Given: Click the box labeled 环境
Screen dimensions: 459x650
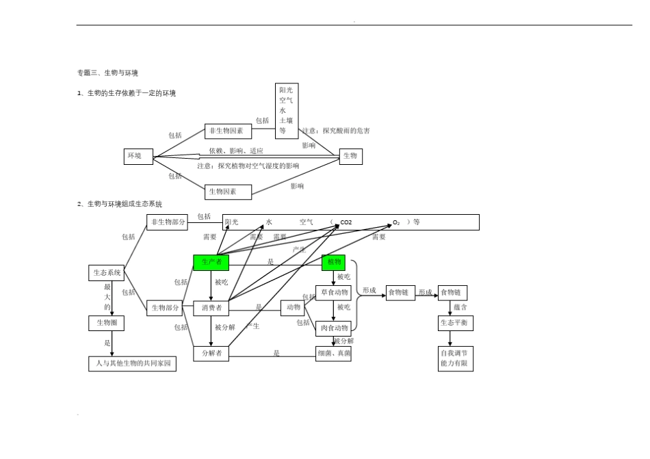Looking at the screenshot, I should coord(138,157).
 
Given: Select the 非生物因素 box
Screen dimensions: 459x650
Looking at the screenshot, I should coord(228,131).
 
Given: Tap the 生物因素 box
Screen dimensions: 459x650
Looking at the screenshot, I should coord(228,192).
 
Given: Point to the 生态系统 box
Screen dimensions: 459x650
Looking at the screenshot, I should coord(107,273).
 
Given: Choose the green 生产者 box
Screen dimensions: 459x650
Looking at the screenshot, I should coord(211,262).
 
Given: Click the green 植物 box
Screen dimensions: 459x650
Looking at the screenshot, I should coord(334,262).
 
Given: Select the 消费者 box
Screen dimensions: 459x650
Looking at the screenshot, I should coord(211,309).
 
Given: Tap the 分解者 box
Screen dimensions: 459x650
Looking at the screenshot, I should coord(211,354).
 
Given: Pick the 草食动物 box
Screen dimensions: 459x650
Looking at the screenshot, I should coord(333,293).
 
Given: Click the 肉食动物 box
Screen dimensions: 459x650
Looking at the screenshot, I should coord(333,328).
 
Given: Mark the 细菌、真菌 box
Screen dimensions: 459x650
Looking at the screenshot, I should coord(333,354).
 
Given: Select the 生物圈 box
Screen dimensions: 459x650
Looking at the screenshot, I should coord(107,323).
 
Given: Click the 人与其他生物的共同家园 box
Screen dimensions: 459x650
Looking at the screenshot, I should coord(132,364).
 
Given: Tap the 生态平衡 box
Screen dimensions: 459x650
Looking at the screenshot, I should coord(455,323).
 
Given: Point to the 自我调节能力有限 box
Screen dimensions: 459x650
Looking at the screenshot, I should coord(455,359).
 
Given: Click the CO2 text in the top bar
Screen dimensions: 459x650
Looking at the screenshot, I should coord(346,222).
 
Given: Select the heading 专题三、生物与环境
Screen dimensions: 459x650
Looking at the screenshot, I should coord(107,73).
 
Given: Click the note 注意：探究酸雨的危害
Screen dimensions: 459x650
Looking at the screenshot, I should coord(336,131).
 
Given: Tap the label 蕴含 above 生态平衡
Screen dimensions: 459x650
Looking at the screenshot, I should coord(460,307).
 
